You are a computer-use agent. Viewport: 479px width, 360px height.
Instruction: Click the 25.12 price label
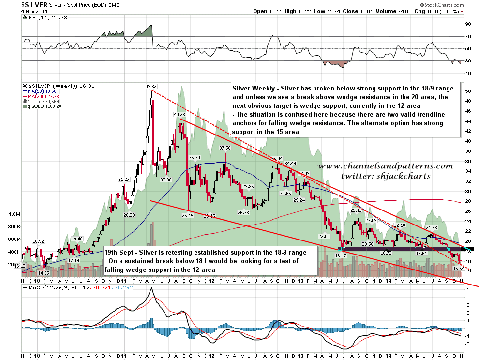(356, 210)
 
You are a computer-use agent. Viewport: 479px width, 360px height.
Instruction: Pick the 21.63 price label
(431, 228)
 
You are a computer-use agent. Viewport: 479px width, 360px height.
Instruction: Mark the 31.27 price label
(124, 180)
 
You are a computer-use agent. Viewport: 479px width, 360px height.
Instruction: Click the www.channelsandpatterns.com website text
(385, 166)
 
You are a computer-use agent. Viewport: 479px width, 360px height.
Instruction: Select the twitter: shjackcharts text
(385, 176)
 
